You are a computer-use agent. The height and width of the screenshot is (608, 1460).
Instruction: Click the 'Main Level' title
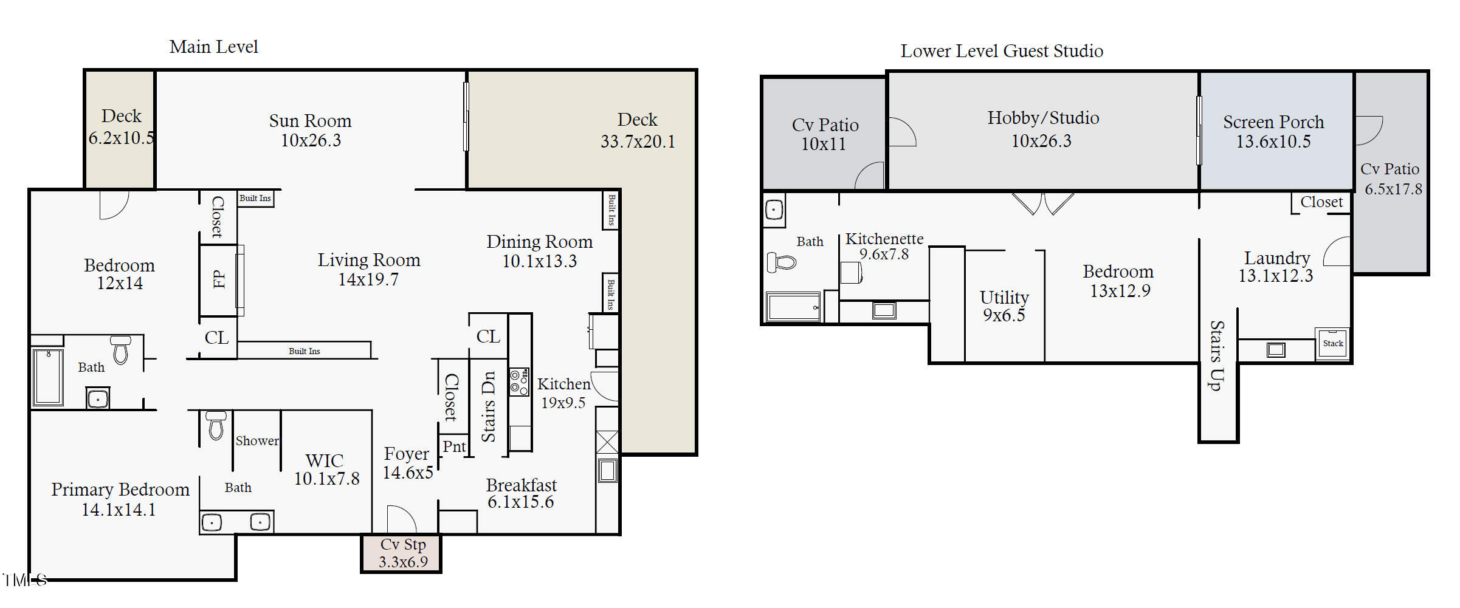(213, 47)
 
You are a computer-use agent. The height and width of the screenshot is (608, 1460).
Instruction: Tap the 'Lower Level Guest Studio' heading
(1001, 51)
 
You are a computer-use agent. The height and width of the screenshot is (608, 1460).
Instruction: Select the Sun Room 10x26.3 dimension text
(311, 140)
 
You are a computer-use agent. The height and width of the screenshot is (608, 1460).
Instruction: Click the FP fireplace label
(219, 279)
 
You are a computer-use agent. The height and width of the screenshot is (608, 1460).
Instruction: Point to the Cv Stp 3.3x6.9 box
(402, 553)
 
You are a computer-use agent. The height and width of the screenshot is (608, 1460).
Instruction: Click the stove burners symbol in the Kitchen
(518, 382)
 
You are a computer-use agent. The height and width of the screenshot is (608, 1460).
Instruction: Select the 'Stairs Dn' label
(489, 406)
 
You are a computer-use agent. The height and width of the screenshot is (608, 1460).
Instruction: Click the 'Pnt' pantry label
(454, 446)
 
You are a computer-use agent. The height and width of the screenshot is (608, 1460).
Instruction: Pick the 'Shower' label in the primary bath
(257, 441)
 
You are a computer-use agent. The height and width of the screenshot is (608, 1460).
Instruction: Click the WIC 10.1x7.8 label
(326, 469)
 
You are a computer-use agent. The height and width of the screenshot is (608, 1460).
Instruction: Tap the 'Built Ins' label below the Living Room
(304, 351)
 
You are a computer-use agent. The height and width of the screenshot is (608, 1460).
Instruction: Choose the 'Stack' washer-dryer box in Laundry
(1332, 344)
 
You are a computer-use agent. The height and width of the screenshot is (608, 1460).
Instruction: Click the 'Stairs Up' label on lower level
(1216, 355)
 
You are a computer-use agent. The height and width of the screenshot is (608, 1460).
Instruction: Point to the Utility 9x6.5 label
(1004, 306)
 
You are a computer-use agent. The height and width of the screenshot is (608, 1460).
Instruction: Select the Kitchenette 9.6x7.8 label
(884, 246)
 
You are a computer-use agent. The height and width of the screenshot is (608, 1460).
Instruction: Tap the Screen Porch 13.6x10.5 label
(1273, 131)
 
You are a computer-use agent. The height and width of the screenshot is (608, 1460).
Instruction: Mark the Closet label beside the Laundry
(1321, 202)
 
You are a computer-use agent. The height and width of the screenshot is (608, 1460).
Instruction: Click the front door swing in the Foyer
(401, 519)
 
